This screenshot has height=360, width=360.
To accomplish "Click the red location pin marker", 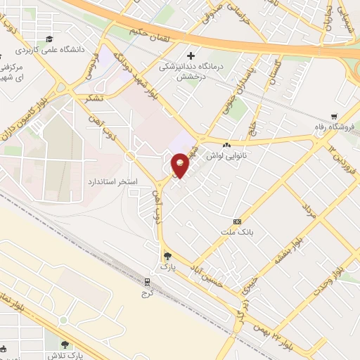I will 181,165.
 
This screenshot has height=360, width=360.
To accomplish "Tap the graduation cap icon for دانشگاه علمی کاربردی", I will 49,39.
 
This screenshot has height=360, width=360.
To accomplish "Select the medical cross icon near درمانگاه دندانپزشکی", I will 191,55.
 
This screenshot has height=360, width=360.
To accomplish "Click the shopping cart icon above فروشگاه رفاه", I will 335,117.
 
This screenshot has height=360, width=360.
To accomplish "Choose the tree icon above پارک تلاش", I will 65,345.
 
